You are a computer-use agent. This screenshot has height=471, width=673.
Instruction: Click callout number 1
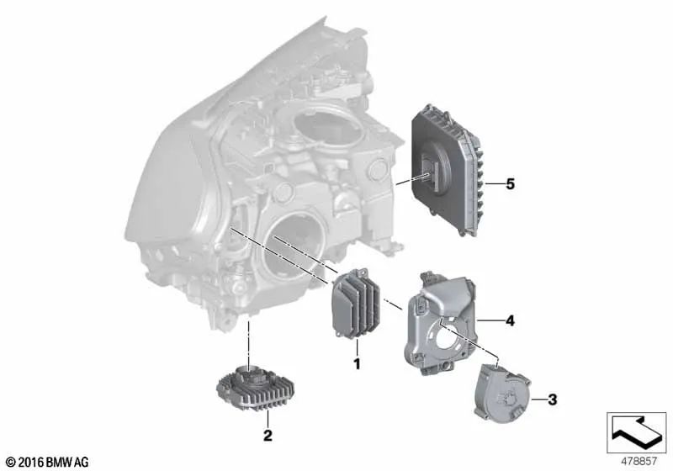coord(357,364)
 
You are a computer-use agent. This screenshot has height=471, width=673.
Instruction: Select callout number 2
coord(268,436)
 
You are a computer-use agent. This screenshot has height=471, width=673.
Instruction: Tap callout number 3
coord(553,400)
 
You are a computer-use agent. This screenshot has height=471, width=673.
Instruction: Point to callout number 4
coord(510,320)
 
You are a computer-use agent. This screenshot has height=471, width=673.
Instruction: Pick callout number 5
coord(510,184)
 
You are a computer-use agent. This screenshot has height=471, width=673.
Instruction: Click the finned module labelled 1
coord(356,303)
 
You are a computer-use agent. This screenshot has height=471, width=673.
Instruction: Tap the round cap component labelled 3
coord(502,393)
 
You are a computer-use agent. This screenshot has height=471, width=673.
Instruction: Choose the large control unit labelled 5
coord(447,169)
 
